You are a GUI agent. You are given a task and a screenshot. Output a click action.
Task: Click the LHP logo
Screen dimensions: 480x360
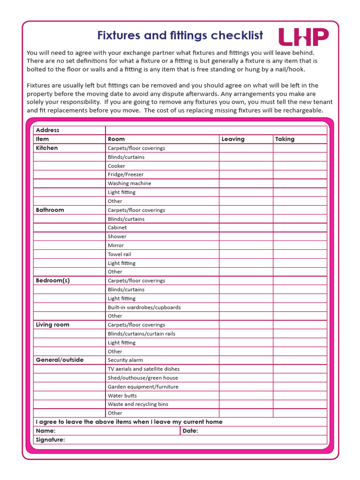[x=303, y=37]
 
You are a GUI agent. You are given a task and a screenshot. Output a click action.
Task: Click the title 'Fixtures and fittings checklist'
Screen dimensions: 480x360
[x=180, y=36]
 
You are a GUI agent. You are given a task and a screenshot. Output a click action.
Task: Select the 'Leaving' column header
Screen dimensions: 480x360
[x=233, y=139]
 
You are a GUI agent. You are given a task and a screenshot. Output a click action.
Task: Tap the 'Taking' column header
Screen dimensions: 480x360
[x=285, y=139]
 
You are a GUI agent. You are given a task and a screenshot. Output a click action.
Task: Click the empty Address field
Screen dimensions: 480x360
[x=216, y=130]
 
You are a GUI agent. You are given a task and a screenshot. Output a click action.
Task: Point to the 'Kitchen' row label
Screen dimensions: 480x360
[x=47, y=148]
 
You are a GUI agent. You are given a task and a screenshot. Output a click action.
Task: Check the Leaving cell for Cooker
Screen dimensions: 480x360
[x=246, y=166]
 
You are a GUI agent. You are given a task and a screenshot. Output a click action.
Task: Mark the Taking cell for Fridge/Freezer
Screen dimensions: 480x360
[x=300, y=174]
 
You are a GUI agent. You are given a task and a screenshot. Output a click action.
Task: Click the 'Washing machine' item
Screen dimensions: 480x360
[x=129, y=183]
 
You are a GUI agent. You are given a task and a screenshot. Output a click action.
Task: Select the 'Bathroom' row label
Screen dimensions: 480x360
[x=50, y=210]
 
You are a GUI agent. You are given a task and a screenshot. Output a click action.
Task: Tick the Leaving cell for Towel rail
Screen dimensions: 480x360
[x=246, y=254]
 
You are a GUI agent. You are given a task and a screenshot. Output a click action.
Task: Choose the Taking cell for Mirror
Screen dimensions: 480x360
[x=300, y=245]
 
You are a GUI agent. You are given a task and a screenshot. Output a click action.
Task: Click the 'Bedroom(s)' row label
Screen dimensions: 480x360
[x=52, y=280]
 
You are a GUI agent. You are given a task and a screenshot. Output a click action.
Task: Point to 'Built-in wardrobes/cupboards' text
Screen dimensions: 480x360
[x=144, y=307]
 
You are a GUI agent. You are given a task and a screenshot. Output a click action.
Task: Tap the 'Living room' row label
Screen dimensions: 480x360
[x=52, y=324]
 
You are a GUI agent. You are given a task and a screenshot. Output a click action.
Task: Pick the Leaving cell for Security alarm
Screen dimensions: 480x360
[x=246, y=360]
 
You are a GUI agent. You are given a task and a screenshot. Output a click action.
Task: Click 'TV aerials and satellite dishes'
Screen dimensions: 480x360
[x=143, y=369]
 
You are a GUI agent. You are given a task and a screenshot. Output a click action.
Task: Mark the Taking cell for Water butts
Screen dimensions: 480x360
[x=300, y=395]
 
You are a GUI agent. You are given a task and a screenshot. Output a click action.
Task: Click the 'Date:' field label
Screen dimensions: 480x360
[x=190, y=431]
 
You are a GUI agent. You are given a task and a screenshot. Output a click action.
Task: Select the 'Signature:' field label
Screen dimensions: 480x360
[x=50, y=440]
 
